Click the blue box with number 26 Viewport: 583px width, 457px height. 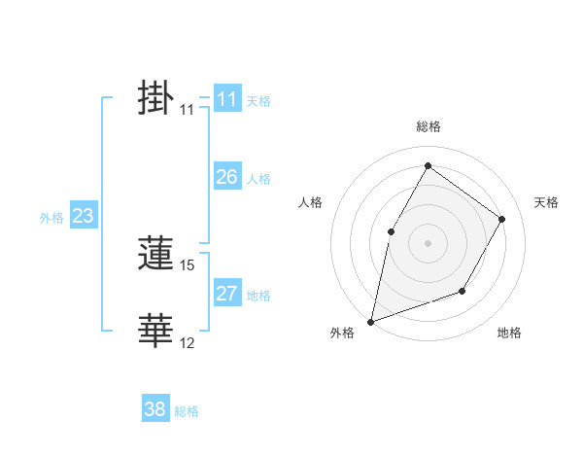[226, 177]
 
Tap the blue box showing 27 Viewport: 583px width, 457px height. [226, 294]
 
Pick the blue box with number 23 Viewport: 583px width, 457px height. [83, 216]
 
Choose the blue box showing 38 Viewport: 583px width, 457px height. [154, 409]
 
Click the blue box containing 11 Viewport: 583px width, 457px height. [226, 99]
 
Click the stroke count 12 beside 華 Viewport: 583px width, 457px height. [188, 343]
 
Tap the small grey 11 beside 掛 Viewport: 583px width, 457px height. [187, 111]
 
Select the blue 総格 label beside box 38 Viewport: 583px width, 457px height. [187, 411]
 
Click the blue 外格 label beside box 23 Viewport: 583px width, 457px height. [51, 218]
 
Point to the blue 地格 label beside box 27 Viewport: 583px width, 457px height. [258, 296]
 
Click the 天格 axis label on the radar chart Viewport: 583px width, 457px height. [547, 202]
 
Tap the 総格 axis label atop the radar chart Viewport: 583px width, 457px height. [428, 126]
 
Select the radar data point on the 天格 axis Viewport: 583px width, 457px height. [502, 219]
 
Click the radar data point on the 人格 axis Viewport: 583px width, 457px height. [391, 231]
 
